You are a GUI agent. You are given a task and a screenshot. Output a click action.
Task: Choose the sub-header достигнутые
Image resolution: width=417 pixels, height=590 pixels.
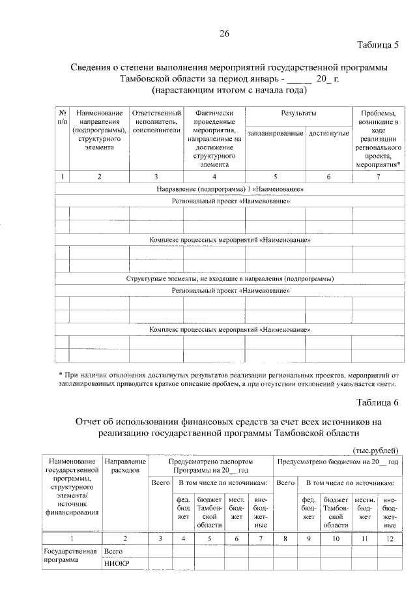click(328, 133)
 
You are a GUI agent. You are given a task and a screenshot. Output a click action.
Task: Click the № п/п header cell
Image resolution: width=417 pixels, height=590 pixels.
click(63, 117)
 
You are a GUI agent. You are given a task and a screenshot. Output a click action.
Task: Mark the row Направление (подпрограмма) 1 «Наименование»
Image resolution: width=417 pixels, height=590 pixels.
click(231, 189)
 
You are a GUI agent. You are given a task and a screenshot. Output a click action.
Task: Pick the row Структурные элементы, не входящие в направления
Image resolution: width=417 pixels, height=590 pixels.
click(231, 278)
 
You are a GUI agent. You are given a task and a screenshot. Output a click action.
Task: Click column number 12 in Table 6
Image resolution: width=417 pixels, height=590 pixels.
click(390, 538)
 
